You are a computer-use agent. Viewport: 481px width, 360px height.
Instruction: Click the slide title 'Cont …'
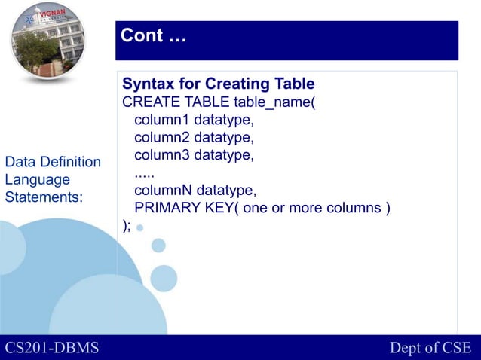(154, 35)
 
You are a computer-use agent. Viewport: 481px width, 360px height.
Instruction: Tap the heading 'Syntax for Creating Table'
(219, 84)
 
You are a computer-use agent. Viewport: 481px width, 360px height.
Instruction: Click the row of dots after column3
(145, 172)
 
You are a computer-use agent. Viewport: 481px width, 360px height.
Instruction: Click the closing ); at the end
(127, 225)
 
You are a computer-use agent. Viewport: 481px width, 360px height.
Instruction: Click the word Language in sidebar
(37, 180)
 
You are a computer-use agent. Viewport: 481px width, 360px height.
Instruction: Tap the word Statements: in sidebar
(44, 197)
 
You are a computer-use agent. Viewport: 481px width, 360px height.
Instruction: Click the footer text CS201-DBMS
(52, 348)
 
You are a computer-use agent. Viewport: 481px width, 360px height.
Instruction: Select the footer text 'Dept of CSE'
(430, 348)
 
